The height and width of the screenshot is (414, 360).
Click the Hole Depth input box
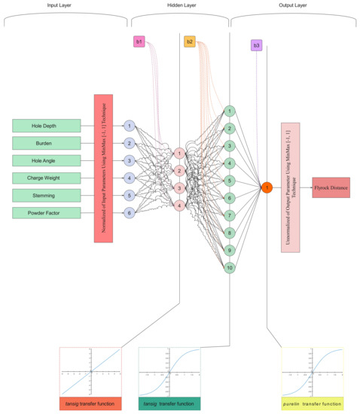pyautogui.click(x=46, y=125)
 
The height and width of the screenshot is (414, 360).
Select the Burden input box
pyautogui.click(x=46, y=142)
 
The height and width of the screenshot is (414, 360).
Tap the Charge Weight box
pyautogui.click(x=46, y=178)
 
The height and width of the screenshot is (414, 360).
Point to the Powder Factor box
pyautogui.click(x=46, y=213)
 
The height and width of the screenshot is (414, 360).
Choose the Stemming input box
pyautogui.click(x=46, y=195)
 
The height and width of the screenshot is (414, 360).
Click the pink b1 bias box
pyautogui.click(x=139, y=41)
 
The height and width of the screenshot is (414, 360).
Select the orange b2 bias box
pyautogui.click(x=189, y=41)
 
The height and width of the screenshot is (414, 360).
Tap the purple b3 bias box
pyautogui.click(x=256, y=46)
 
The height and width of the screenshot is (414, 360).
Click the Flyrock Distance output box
pyautogui.click(x=331, y=187)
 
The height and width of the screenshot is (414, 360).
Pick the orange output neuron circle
pyautogui.click(x=266, y=187)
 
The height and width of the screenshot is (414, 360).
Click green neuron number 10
pyautogui.click(x=228, y=267)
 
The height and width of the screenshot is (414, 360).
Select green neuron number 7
pyautogui.click(x=228, y=215)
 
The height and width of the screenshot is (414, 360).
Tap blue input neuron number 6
pyautogui.click(x=130, y=213)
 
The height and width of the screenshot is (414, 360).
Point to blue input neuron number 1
pyautogui.click(x=130, y=126)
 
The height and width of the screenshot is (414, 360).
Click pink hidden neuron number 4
pyautogui.click(x=179, y=205)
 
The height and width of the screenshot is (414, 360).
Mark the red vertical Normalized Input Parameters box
pyautogui.click(x=102, y=168)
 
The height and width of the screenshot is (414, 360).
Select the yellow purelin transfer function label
pyautogui.click(x=312, y=403)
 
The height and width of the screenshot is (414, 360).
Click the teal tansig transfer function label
pyautogui.click(x=169, y=403)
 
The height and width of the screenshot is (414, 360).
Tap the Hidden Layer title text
pyautogui.click(x=180, y=5)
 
